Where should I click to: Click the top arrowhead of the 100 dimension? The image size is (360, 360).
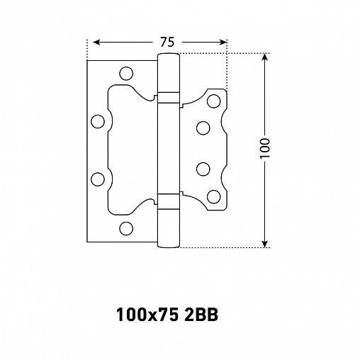pos(267,57)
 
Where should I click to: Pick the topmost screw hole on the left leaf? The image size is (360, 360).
pos(126,72)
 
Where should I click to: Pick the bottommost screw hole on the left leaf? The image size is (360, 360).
pos(126,227)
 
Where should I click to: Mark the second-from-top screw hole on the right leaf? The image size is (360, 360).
pos(203,128)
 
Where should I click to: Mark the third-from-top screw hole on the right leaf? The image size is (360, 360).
pos(203,169)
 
